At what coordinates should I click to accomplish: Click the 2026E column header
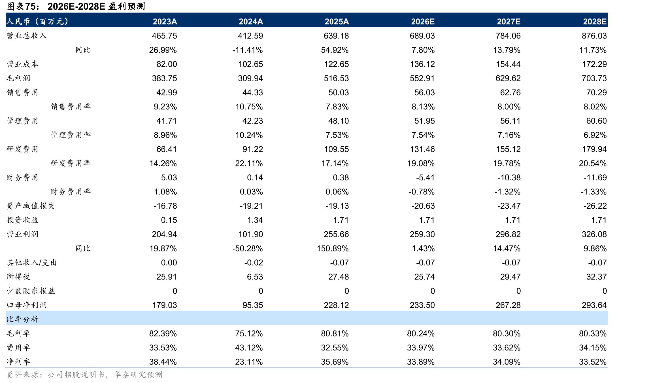(423, 22)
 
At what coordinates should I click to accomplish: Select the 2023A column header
(165, 22)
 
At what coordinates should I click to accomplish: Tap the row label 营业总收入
(27, 36)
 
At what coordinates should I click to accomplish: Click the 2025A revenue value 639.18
(336, 36)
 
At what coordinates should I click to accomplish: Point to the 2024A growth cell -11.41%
(248, 50)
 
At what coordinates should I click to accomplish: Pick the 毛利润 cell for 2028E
(594, 78)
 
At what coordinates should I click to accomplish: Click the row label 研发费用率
(71, 163)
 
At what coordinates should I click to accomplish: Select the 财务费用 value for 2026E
(425, 177)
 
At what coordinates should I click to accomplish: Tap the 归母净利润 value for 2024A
(253, 305)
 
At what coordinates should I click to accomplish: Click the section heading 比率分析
(22, 319)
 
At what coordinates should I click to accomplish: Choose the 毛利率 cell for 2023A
(163, 333)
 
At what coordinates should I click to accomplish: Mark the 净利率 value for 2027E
(507, 362)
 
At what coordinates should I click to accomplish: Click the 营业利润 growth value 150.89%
(333, 248)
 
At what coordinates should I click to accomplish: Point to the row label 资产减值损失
(31, 206)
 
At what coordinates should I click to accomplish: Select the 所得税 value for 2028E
(596, 277)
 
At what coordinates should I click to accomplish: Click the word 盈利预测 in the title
(127, 6)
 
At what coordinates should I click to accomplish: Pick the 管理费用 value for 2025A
(339, 121)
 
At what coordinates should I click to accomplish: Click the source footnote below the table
(84, 374)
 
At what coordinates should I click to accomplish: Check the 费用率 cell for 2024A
(249, 348)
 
